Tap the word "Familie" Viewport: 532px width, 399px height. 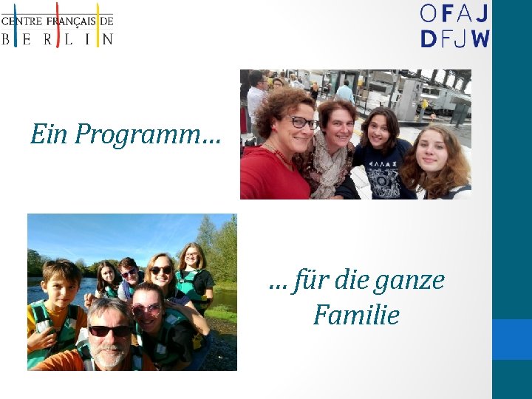356,316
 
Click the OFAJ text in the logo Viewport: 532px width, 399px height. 454,13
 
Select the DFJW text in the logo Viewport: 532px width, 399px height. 454,38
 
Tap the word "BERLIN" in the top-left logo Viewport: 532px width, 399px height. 58,39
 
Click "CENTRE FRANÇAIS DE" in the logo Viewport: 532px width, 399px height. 58,21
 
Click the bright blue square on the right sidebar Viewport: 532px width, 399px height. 512,339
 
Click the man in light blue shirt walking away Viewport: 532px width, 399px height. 344,92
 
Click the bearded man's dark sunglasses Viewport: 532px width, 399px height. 109,331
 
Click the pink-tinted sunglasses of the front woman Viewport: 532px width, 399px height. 146,310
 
